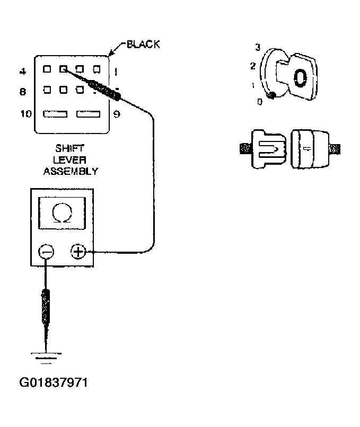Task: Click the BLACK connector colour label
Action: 143,45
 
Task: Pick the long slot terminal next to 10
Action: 55,114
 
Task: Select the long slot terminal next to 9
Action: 88,114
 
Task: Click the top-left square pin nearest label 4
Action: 47,69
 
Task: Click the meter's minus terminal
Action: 47,252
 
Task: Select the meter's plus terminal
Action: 78,252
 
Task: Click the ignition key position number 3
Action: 257,48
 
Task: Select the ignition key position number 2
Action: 252,66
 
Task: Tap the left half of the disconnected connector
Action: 268,148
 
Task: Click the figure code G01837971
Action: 53,382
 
